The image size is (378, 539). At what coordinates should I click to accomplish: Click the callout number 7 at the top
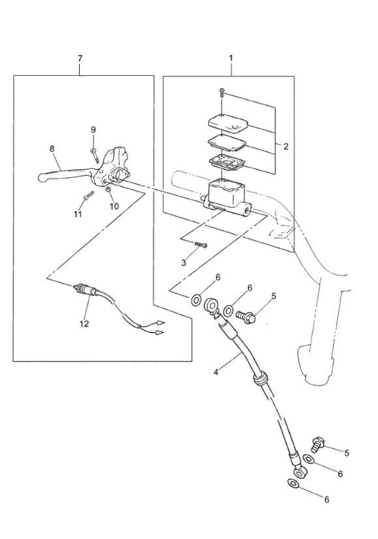[x=80, y=58]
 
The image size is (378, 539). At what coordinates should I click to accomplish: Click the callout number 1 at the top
[x=231, y=58]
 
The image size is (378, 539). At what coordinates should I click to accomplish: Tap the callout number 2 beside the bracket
[x=286, y=146]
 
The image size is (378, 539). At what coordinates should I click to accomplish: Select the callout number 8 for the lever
[x=52, y=149]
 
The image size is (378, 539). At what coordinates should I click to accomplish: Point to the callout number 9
[x=93, y=130]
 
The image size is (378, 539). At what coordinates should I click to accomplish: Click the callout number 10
[x=114, y=206]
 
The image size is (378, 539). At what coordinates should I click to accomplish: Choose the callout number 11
[x=78, y=214]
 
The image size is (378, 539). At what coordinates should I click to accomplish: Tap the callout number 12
[x=84, y=323]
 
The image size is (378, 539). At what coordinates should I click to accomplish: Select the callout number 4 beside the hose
[x=216, y=372]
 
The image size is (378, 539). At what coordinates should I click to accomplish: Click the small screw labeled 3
[x=202, y=244]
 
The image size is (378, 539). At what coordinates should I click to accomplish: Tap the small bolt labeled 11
[x=88, y=196]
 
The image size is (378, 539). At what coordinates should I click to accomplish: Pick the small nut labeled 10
[x=108, y=190]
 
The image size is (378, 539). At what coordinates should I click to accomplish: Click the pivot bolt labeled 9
[x=95, y=155]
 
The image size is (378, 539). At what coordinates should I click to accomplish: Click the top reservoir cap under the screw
[x=228, y=123]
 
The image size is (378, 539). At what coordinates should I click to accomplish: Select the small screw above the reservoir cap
[x=221, y=93]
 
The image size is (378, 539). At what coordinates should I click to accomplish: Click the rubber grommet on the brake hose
[x=260, y=378]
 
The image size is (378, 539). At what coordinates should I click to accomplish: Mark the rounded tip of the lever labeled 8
[x=42, y=178]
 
